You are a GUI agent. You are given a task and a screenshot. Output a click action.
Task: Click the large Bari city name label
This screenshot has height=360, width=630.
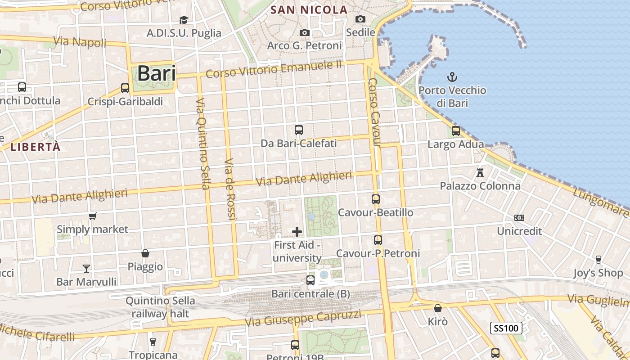[156, 73]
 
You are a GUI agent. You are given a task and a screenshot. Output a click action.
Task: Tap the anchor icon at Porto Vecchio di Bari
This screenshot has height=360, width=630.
[452, 77]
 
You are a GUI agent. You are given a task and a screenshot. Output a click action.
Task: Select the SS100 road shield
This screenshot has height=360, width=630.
[506, 328]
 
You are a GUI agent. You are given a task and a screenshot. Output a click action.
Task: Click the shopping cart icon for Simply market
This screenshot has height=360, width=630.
[93, 216]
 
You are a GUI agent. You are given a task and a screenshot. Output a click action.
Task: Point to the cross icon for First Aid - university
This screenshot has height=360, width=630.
[297, 232]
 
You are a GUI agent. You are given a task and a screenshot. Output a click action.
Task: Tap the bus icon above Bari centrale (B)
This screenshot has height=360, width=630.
[310, 280]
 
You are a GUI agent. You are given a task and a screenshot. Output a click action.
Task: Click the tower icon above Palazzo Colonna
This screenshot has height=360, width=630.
[480, 172]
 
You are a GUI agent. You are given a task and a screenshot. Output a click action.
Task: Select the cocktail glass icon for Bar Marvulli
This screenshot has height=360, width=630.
[86, 269]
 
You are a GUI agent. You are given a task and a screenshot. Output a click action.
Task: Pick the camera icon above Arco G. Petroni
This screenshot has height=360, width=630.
[305, 32]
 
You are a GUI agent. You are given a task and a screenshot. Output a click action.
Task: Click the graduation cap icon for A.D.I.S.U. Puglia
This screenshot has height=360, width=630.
[184, 20]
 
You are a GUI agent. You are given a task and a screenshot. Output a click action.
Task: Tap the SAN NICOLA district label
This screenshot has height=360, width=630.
[309, 9]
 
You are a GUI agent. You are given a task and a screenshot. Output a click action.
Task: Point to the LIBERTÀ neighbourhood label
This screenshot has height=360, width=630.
[35, 147]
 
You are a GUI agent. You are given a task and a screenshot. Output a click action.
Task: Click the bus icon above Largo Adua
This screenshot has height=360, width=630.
[456, 131]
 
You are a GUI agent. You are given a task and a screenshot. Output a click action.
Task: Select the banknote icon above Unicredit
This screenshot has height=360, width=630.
[519, 218]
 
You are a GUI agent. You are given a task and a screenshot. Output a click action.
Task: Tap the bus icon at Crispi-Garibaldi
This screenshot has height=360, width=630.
[125, 88]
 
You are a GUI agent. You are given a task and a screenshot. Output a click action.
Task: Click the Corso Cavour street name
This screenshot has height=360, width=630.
[374, 112]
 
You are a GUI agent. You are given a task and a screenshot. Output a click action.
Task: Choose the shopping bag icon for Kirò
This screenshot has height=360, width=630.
[437, 309]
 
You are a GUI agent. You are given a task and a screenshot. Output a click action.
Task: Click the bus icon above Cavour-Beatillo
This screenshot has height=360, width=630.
[376, 199]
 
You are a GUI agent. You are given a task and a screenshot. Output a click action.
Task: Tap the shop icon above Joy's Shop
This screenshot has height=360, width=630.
[598, 260]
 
